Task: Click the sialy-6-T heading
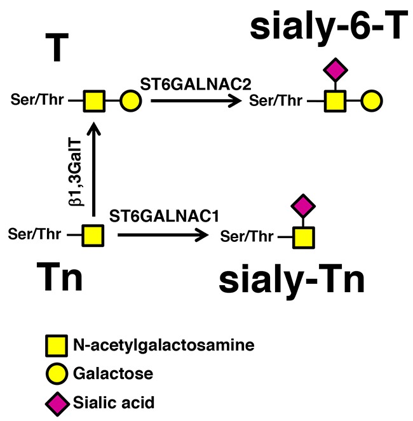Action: tap(327, 28)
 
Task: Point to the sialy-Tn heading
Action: tap(292, 280)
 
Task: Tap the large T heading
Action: tap(56, 49)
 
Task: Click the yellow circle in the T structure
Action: tap(130, 100)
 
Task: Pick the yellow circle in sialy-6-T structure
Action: tap(371, 100)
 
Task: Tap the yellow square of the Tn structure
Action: tap(93, 235)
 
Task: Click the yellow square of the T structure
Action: tap(93, 100)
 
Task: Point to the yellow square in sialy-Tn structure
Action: tap(304, 237)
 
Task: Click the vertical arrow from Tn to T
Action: tap(93, 171)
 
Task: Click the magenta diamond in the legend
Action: tap(55, 402)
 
